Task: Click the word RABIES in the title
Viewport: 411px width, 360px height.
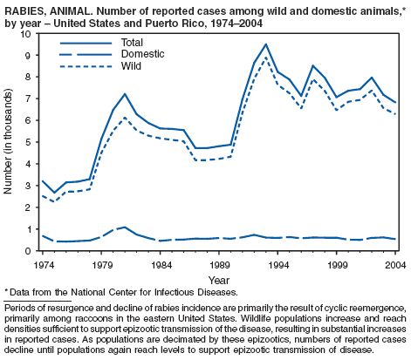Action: coord(24,10)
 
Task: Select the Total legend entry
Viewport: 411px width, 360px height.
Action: coord(101,43)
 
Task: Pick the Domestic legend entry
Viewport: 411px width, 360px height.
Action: coord(112,54)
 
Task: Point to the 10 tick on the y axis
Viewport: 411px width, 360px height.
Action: coord(25,34)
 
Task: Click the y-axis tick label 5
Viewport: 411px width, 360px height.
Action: coord(28,142)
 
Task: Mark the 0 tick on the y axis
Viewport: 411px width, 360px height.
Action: coord(28,251)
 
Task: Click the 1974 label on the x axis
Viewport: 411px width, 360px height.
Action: coord(43,265)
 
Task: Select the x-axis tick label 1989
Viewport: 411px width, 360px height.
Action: coord(219,265)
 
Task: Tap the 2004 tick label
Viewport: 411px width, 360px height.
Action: coord(395,265)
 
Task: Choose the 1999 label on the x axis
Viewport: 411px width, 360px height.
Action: coord(337,265)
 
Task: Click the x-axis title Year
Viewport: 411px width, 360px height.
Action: coord(219,281)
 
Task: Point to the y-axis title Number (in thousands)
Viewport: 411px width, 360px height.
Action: coord(8,141)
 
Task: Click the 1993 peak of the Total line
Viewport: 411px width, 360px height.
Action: coord(265,44)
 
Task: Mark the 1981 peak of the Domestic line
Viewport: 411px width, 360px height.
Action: coord(125,227)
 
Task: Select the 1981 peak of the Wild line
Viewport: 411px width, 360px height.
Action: coord(125,118)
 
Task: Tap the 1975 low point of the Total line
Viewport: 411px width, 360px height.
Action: coord(54,193)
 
